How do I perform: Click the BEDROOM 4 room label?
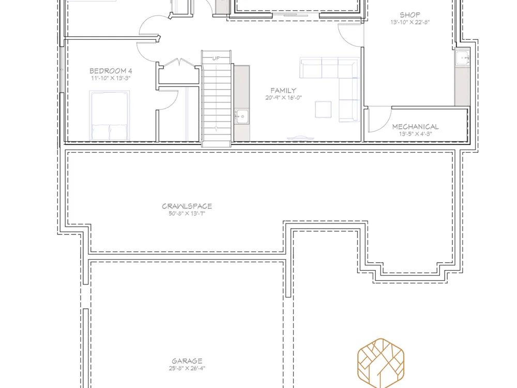(111, 71)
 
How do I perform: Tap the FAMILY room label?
(283, 91)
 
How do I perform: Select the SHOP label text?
(410, 15)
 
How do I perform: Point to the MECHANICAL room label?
(416, 127)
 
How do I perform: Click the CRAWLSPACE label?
(187, 206)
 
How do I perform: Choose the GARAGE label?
(187, 361)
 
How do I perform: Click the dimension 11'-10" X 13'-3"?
(111, 78)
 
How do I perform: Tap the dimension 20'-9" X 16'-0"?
(283, 98)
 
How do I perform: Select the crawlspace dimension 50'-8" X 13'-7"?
(187, 214)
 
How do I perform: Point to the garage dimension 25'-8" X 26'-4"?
(187, 368)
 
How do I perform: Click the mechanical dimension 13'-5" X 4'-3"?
(416, 134)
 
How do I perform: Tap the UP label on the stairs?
(216, 58)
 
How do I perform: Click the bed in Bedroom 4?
(110, 115)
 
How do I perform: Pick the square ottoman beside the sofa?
(323, 109)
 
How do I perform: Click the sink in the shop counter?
(463, 58)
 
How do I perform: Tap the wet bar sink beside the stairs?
(241, 116)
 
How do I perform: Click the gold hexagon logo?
(381, 363)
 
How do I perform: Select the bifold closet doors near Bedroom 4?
(179, 62)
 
